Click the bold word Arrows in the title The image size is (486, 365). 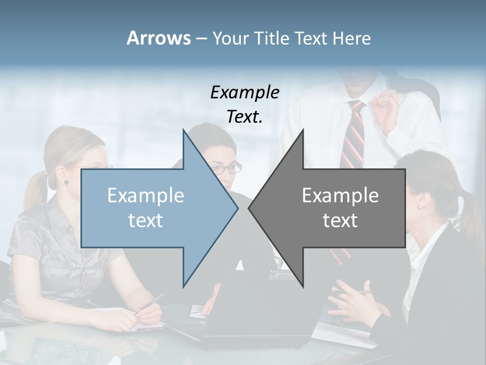(158, 38)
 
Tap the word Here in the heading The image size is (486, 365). (351, 38)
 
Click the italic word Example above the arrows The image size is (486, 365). (245, 92)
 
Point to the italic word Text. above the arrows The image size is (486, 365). (245, 117)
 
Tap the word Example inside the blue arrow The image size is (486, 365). (146, 195)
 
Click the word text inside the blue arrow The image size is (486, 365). (146, 221)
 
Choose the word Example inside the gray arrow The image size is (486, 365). (340, 195)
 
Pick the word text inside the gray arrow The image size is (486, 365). (340, 221)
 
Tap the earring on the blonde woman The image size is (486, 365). (66, 181)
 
